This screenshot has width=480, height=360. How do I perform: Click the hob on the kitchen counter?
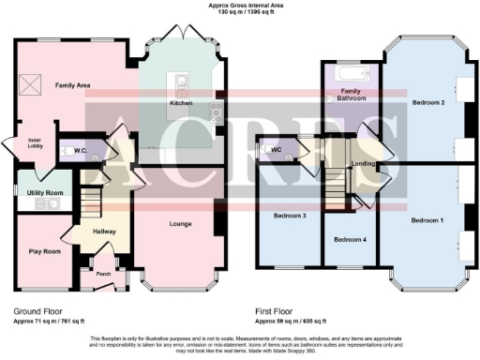coord(217,112)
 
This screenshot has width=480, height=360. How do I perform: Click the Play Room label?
coord(44,251)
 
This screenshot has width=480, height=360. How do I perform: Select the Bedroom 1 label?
coord(427,219)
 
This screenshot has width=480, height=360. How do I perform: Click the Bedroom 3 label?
coord(290,216)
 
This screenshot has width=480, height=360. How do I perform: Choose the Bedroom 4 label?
coord(350,238)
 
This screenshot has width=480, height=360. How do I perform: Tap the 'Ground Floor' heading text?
coord(40,308)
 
